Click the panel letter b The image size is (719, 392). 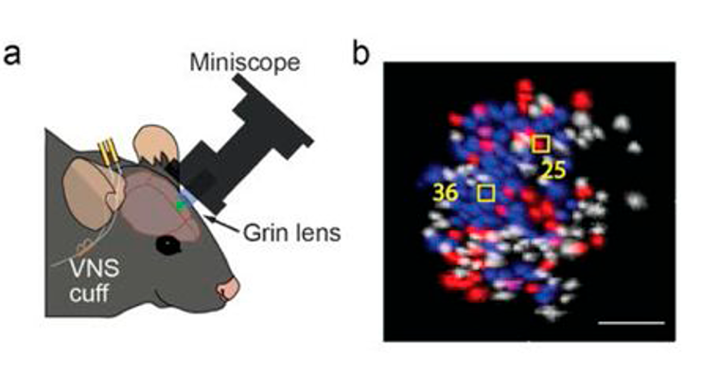tap(360, 53)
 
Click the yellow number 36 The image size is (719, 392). tap(446, 192)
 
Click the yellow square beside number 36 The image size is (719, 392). tap(486, 192)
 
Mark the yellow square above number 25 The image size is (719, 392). tap(540, 144)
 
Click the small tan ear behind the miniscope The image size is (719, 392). tap(149, 143)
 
